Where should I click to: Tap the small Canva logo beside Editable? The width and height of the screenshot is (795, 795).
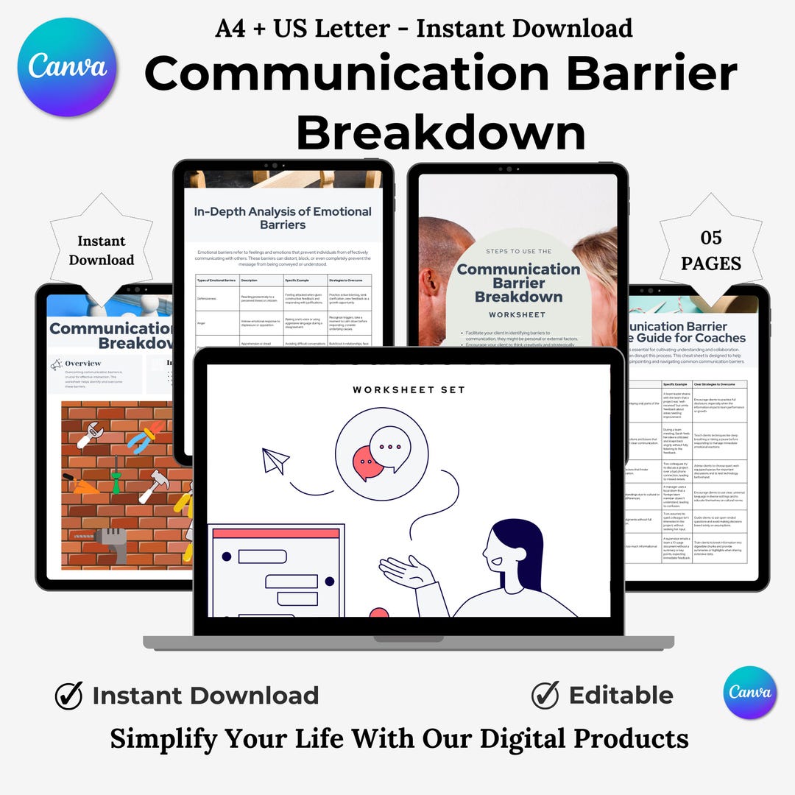tap(750, 693)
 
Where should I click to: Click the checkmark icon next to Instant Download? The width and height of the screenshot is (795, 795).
tap(68, 696)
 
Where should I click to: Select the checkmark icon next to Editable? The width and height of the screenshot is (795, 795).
tap(545, 695)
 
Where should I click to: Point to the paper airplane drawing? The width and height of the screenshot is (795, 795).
tap(275, 461)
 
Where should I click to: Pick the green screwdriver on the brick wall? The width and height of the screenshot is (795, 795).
tap(116, 475)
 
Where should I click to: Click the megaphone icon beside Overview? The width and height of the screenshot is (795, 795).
tap(56, 364)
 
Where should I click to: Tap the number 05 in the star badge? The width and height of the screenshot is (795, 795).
tap(711, 237)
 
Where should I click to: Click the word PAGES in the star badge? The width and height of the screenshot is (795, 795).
tap(711, 263)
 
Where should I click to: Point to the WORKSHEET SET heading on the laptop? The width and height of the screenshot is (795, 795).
tap(409, 390)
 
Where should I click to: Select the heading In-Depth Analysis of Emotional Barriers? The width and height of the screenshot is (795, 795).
tap(283, 217)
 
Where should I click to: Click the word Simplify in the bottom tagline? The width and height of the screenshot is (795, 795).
tap(166, 738)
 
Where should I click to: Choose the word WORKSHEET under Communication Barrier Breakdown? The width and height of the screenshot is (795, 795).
tap(519, 314)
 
